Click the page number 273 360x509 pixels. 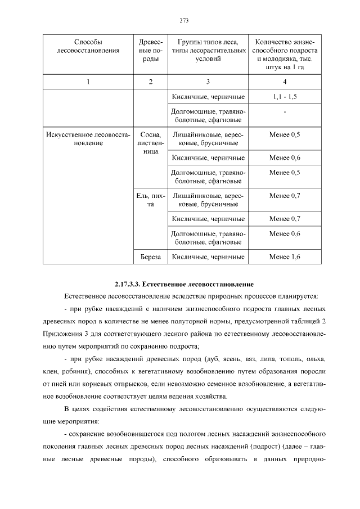pyautogui.click(x=184, y=21)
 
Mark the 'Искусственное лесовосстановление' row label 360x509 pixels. pyautogui.click(x=88, y=139)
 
